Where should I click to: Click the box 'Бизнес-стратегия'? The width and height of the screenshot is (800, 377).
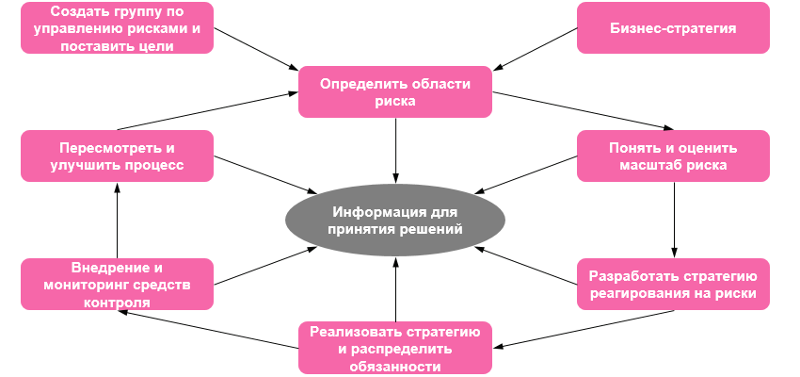[673, 27]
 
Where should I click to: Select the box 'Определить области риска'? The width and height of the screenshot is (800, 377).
[395, 91]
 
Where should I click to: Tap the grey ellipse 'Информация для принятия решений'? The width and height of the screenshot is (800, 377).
[395, 219]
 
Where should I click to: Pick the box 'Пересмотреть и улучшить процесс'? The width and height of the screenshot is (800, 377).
[118, 156]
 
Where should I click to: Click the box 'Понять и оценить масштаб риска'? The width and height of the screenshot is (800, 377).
[673, 156]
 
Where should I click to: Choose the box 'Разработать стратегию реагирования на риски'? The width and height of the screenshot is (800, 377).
[673, 285]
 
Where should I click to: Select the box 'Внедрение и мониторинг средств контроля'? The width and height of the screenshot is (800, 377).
[118, 285]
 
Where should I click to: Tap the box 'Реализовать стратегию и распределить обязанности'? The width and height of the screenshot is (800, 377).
[395, 349]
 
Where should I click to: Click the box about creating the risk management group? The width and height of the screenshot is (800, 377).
[118, 27]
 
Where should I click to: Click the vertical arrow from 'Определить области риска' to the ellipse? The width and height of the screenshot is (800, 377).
[395, 149]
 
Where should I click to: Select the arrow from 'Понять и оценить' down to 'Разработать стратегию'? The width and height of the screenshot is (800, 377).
[674, 220]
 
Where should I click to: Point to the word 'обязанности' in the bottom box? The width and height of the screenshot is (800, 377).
[395, 366]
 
